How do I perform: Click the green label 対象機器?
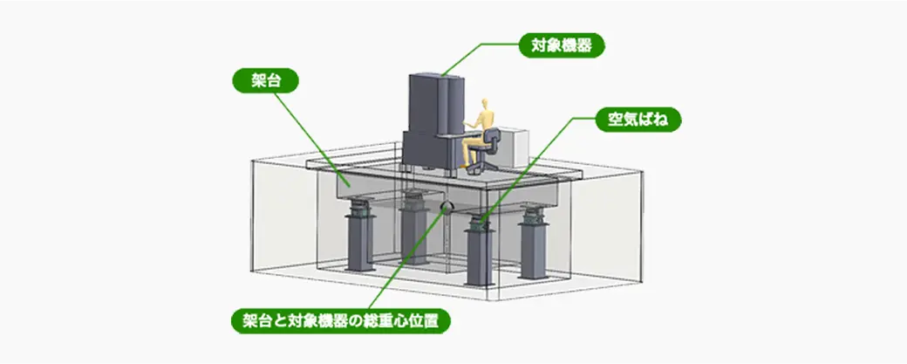coord(560,45)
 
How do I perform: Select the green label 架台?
coord(265,81)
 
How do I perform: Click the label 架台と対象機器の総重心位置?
coord(346,321)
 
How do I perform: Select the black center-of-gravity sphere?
coord(447,208)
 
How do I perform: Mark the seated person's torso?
coord(478,127)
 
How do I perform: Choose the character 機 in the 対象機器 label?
coord(569,45)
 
